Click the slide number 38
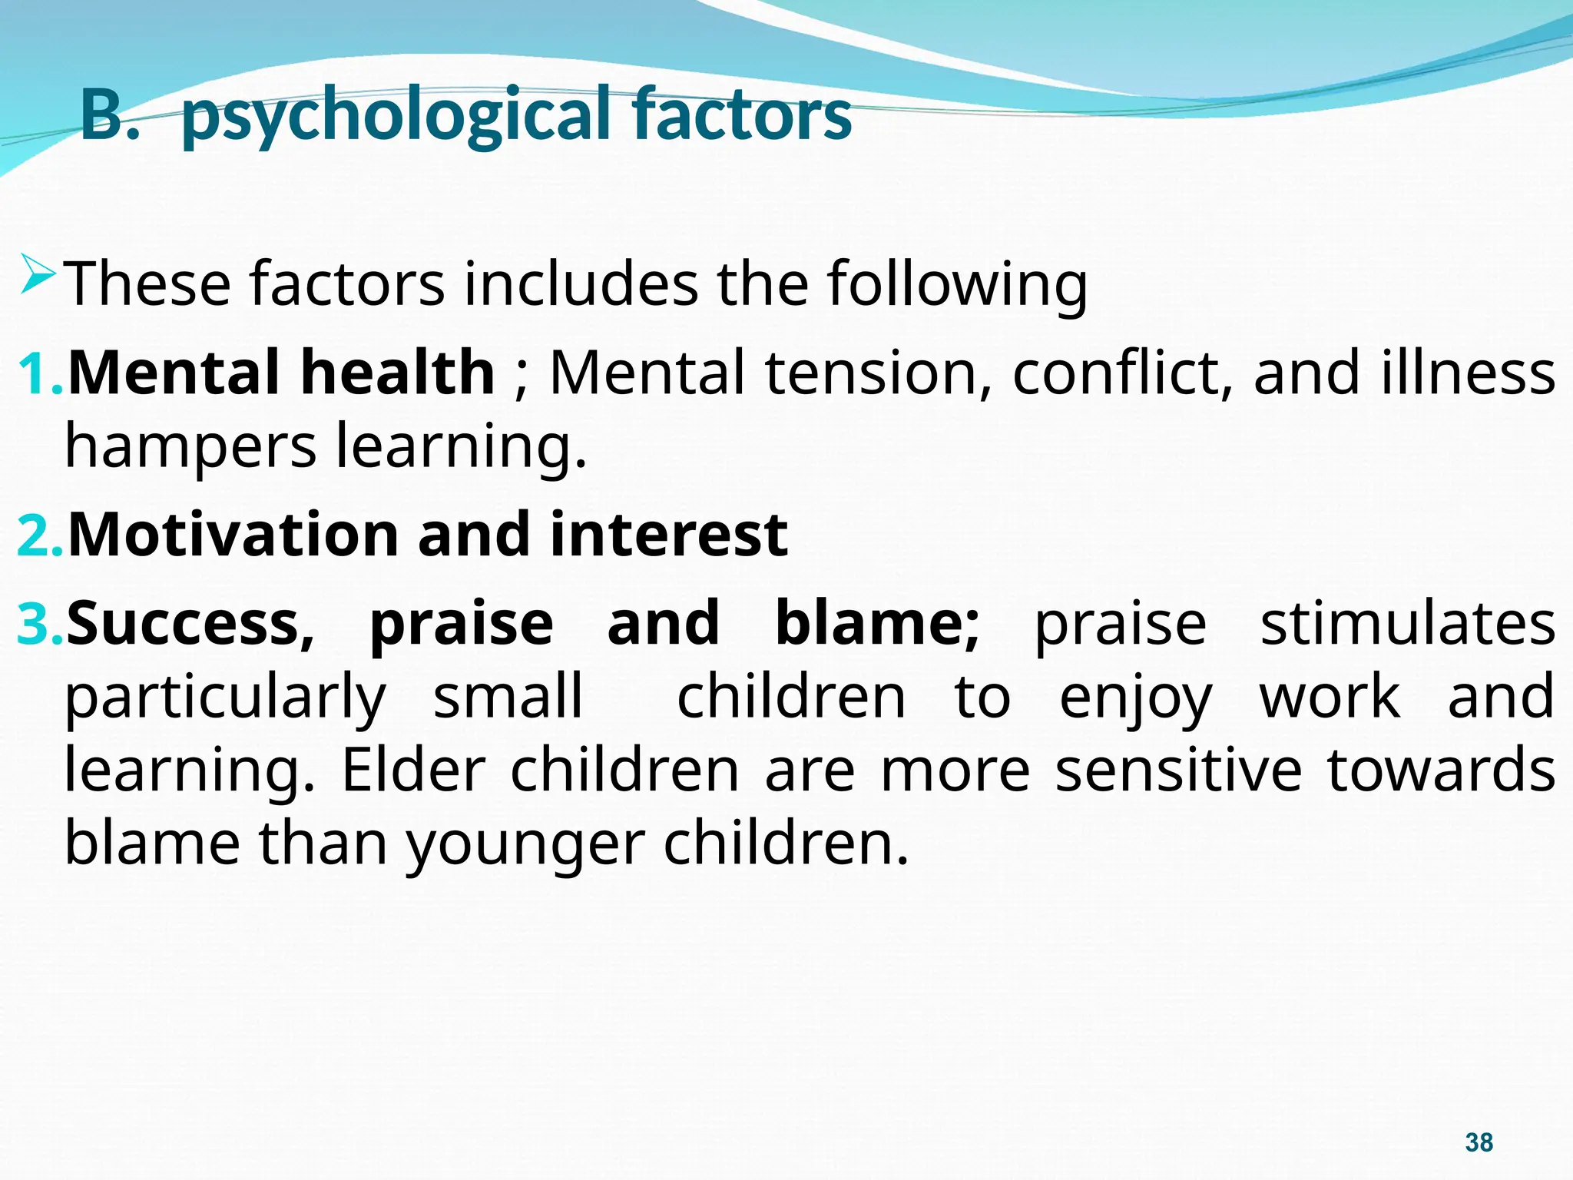pos(1479,1142)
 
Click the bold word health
pos(398,373)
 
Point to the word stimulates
pos(1408,623)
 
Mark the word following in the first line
pos(957,284)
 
